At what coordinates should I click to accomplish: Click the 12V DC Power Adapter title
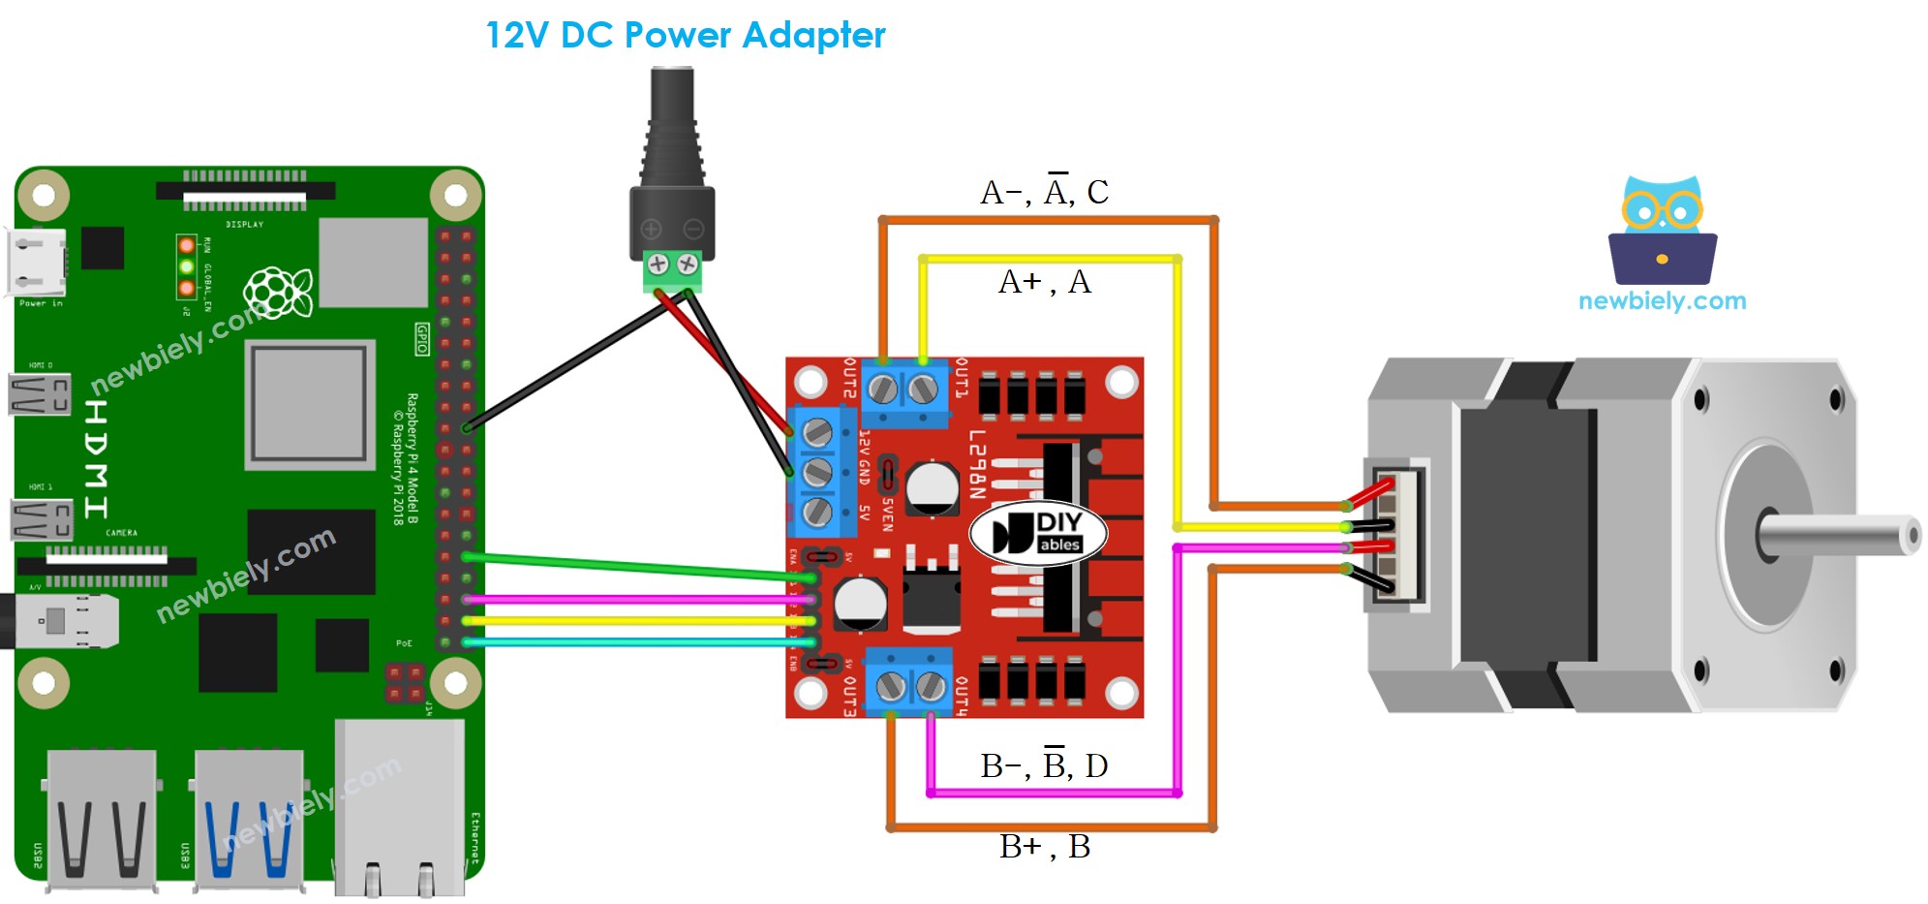685,36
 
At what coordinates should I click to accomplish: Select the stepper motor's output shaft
1840,536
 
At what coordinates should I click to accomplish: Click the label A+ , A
1044,282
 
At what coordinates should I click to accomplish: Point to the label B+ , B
1044,847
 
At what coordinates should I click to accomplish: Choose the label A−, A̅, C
1044,192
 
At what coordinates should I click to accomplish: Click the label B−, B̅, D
1044,765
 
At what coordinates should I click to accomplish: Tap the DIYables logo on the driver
1038,533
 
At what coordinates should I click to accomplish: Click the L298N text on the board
976,464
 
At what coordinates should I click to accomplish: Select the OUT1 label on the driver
961,378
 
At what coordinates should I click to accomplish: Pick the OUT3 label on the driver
849,696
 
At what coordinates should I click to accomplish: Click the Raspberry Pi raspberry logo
278,291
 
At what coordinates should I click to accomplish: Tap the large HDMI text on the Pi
96,459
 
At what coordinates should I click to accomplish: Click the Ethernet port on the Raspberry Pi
399,809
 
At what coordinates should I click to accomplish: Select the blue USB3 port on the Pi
249,819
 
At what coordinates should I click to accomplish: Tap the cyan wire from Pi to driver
629,642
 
